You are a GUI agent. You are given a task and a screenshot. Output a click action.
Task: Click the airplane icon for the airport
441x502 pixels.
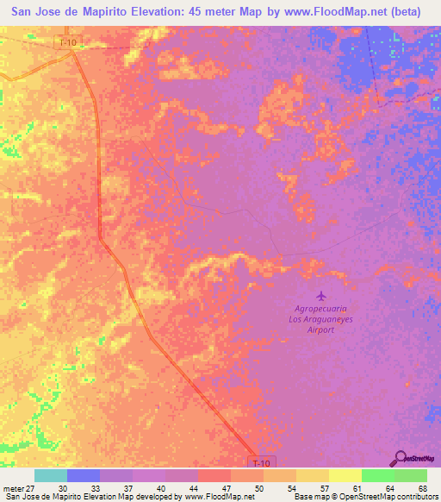(x=321, y=296)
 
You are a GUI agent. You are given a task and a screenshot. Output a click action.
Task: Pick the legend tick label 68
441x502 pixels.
(x=422, y=487)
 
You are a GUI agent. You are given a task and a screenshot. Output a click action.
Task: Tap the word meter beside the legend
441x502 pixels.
(x=11, y=487)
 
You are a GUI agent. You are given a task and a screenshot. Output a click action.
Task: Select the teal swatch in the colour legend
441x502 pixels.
(x=51, y=475)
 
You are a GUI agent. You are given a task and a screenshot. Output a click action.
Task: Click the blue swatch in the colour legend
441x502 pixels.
(x=84, y=475)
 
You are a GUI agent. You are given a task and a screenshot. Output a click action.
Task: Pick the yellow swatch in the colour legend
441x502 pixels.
(x=345, y=475)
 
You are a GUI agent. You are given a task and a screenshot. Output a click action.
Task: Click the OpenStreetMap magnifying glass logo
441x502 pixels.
(x=401, y=459)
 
